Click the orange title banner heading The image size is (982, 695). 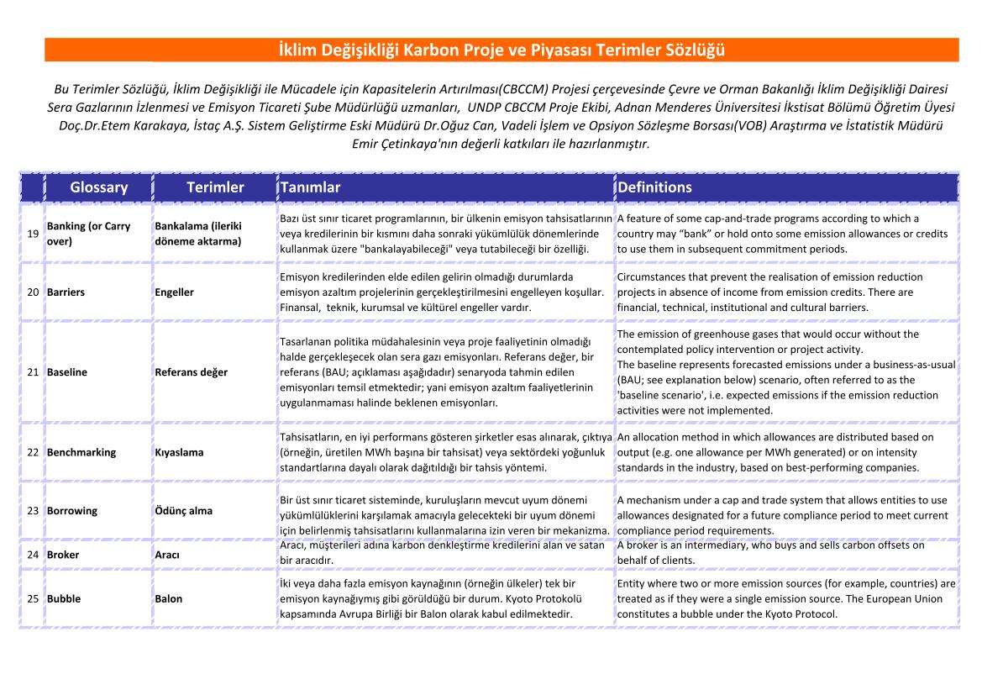coord(502,50)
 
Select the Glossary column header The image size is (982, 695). coord(99,187)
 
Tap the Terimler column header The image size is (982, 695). coord(215,187)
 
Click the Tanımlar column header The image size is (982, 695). coord(311,187)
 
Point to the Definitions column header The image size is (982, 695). coord(654,187)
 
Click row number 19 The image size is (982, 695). coord(34,234)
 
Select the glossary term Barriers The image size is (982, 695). coord(66,292)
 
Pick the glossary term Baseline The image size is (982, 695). coord(67,372)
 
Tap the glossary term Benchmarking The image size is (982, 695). coord(81,452)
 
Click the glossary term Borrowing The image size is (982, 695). coord(72,511)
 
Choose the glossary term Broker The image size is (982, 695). coord(63,555)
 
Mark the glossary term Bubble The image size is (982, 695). coord(64,599)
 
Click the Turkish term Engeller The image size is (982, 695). coord(174,292)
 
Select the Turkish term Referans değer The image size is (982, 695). coord(191,372)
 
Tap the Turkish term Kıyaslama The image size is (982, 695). coord(179,452)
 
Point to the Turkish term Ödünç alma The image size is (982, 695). coord(183,511)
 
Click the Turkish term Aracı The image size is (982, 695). coord(167,555)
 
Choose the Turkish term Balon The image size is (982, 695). coord(168,599)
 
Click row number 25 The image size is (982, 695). coord(34,599)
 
